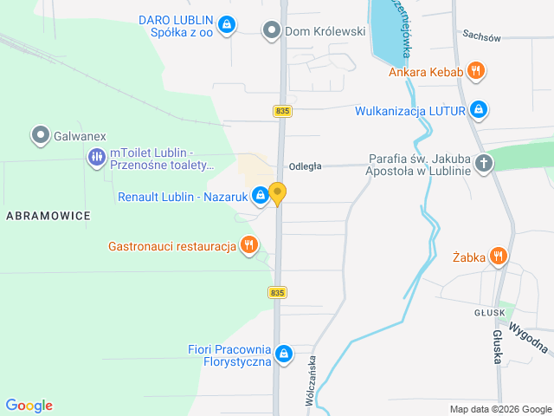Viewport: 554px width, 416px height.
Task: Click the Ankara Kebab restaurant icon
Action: (475, 71)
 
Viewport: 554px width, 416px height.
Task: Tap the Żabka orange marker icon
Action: (498, 256)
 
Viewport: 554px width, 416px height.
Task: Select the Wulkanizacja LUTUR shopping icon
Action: (479, 110)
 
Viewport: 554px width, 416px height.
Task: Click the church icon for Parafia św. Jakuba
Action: (484, 163)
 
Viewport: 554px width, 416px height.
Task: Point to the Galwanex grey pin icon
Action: (40, 135)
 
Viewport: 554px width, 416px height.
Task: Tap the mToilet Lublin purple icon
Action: (95, 158)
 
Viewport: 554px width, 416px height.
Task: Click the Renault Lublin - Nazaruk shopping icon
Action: (260, 196)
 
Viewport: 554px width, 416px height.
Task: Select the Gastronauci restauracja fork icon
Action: (248, 245)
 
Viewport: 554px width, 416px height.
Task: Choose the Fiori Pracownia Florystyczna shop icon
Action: (285, 354)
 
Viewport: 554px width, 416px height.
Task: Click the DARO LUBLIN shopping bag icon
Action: (226, 24)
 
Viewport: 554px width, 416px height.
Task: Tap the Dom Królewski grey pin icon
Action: (272, 30)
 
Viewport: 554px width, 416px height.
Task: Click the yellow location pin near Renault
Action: (278, 193)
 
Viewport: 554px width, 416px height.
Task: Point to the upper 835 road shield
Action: (281, 111)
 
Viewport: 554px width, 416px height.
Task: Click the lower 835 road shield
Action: (277, 293)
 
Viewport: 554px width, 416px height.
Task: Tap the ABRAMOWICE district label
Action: (47, 216)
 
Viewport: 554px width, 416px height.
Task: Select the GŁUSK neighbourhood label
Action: (490, 314)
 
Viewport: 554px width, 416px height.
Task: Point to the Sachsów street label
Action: (482, 36)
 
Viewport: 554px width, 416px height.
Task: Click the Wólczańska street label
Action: (310, 380)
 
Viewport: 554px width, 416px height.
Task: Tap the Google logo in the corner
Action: (29, 405)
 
